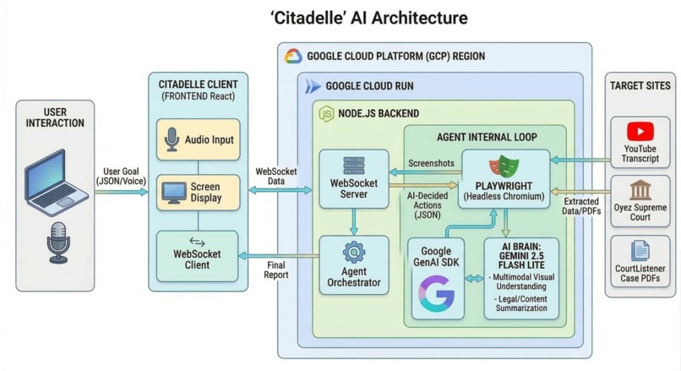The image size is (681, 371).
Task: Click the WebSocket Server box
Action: pyautogui.click(x=353, y=179)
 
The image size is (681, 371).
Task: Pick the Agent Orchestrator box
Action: pyautogui.click(x=353, y=265)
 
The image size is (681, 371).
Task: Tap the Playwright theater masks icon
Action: pyautogui.click(x=506, y=165)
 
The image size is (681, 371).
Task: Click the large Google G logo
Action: pyautogui.click(x=436, y=292)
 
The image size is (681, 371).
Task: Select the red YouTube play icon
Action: pyautogui.click(x=640, y=132)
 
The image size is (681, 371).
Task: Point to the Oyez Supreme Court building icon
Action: pyautogui.click(x=640, y=189)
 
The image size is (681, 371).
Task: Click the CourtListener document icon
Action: pyautogui.click(x=640, y=250)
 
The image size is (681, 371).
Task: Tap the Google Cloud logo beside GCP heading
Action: pyautogui.click(x=293, y=57)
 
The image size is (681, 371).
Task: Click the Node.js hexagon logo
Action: pyautogui.click(x=325, y=113)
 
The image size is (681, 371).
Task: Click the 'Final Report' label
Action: pyautogui.click(x=275, y=269)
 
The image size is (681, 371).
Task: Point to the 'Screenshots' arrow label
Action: pyautogui.click(x=433, y=163)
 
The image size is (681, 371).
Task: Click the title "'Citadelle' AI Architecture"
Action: pyautogui.click(x=340, y=17)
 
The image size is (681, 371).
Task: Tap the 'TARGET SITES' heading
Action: pyautogui.click(x=640, y=85)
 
